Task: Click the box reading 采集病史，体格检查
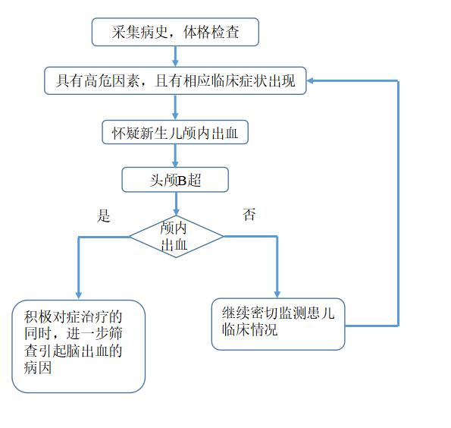[x=175, y=32]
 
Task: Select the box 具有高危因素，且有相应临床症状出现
[x=175, y=80]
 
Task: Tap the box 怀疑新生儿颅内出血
[x=175, y=132]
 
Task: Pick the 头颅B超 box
[x=175, y=180]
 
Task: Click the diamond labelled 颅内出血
[x=177, y=237]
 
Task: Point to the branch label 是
[x=104, y=216]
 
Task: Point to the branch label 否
[x=249, y=215]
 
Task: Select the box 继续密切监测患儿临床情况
[x=278, y=324]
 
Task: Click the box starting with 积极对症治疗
[x=79, y=346]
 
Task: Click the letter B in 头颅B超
[x=182, y=181]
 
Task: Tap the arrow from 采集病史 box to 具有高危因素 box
[x=175, y=56]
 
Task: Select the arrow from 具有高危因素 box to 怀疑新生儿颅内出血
[x=175, y=107]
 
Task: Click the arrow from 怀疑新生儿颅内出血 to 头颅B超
[x=175, y=156]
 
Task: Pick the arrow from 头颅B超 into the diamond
[x=177, y=203]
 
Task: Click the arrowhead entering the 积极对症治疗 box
[x=79, y=296]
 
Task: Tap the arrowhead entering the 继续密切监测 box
[x=277, y=294]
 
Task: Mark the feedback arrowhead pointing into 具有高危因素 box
[x=311, y=81]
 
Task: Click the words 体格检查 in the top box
[x=211, y=32]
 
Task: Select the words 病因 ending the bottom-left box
[x=38, y=367]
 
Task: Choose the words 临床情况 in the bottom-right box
[x=249, y=329]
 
